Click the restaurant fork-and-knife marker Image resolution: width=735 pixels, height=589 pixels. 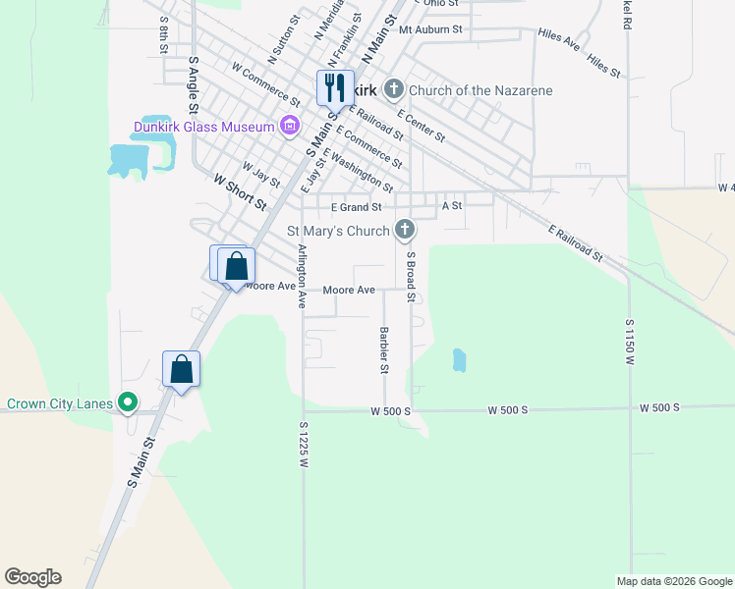(x=335, y=87)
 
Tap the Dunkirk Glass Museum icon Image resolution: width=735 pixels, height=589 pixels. (x=289, y=126)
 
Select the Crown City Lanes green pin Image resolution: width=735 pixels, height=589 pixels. (x=126, y=402)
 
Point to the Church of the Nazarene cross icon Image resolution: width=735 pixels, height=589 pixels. (x=393, y=91)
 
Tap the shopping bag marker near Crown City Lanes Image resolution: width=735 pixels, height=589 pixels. (x=181, y=369)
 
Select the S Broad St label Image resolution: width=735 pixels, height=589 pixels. (x=411, y=275)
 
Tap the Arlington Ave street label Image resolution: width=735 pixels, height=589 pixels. (x=301, y=276)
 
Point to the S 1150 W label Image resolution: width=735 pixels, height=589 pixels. (x=629, y=342)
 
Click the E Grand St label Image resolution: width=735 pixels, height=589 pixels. (x=356, y=207)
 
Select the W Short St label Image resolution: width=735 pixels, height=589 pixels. (x=240, y=191)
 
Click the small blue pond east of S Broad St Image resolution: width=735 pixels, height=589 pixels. (x=459, y=360)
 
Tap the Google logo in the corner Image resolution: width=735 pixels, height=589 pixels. (x=32, y=577)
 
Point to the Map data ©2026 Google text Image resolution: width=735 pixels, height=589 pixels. (x=673, y=581)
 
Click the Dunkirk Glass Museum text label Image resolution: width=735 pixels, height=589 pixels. (x=204, y=126)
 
